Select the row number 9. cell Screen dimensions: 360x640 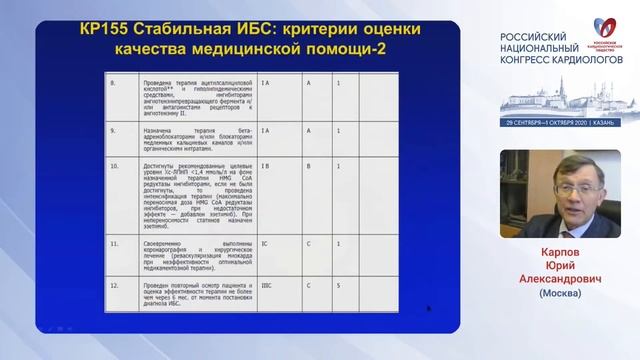tap(112, 130)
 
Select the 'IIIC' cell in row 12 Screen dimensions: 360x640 tap(265, 284)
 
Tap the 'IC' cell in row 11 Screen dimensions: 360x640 tap(263, 243)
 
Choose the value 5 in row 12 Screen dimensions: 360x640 tap(339, 284)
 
